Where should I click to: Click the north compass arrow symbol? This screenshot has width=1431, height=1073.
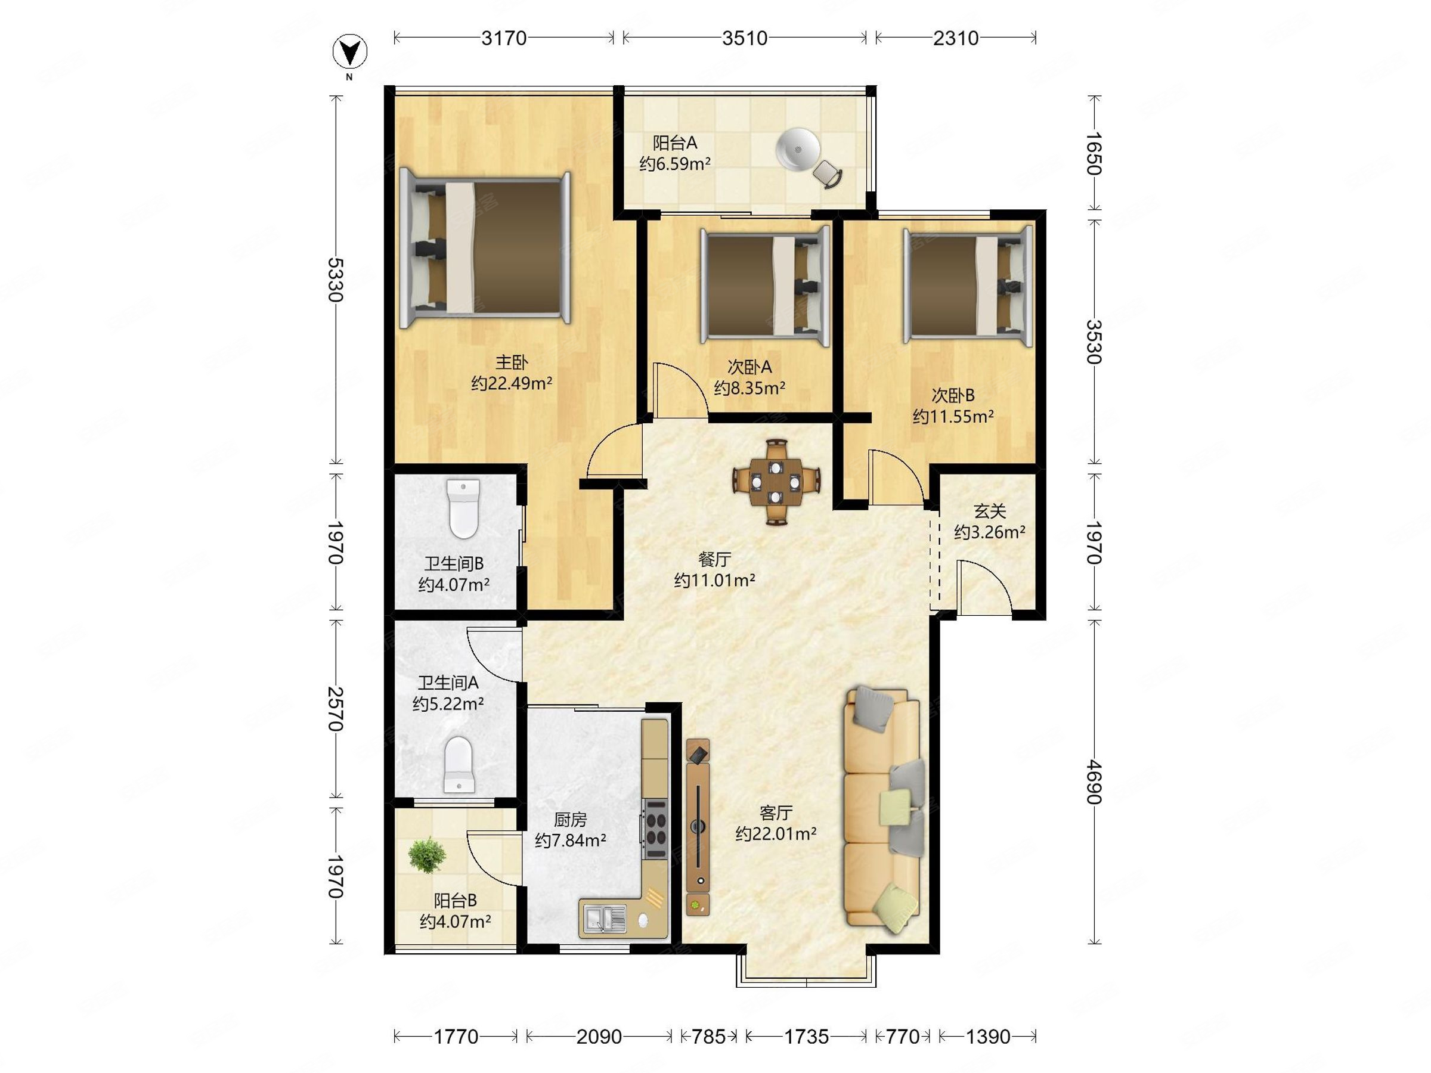[350, 52]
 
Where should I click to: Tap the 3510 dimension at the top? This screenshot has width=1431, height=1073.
[745, 38]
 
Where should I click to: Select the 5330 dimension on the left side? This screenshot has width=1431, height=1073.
[334, 280]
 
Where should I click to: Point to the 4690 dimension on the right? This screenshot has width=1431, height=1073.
[1093, 782]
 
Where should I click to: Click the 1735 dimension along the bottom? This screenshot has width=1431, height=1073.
[806, 1037]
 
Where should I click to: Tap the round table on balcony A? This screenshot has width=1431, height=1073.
[798, 150]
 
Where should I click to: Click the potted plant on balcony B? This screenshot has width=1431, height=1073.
[427, 854]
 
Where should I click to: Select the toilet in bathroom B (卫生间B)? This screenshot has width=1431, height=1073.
[463, 509]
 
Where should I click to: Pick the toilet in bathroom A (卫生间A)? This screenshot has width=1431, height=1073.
[459, 764]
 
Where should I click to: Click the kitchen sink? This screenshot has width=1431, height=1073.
[605, 919]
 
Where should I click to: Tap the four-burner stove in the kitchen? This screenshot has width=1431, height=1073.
[655, 829]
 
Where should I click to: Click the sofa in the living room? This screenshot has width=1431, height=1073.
[883, 810]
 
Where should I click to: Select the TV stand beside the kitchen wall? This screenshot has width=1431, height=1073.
[698, 827]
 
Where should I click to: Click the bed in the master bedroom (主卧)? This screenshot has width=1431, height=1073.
[485, 249]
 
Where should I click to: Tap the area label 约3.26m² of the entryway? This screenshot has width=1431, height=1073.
[989, 532]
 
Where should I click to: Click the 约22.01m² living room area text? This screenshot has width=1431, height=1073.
[776, 834]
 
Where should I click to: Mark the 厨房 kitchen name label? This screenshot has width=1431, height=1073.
[570, 820]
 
